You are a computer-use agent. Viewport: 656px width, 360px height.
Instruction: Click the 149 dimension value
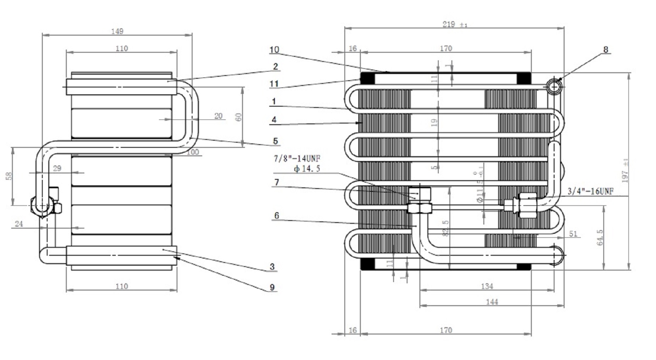117,31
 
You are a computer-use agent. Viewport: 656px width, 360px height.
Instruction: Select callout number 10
274,50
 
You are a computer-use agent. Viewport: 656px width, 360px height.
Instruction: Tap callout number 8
606,50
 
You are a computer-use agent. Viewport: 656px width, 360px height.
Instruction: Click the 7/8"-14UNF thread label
297,159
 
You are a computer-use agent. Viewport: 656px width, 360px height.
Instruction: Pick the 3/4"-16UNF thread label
590,191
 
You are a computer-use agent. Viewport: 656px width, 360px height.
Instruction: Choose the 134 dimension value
487,286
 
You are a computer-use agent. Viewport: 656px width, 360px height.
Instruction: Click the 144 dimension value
492,302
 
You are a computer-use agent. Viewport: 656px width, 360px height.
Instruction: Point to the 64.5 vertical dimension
600,237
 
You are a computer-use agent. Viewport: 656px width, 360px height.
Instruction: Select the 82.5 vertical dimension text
446,228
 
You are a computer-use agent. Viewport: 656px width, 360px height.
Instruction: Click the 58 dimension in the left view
9,176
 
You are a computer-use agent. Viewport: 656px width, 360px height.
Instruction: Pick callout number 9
272,287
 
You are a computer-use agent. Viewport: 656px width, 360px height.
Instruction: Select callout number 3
272,267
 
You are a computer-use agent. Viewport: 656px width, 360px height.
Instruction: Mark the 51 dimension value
573,234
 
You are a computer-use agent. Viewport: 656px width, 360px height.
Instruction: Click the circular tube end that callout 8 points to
554,86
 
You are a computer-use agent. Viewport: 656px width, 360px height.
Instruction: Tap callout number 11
274,84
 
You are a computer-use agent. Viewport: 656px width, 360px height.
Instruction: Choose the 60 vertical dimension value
239,117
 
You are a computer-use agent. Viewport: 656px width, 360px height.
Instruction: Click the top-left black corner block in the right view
368,78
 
